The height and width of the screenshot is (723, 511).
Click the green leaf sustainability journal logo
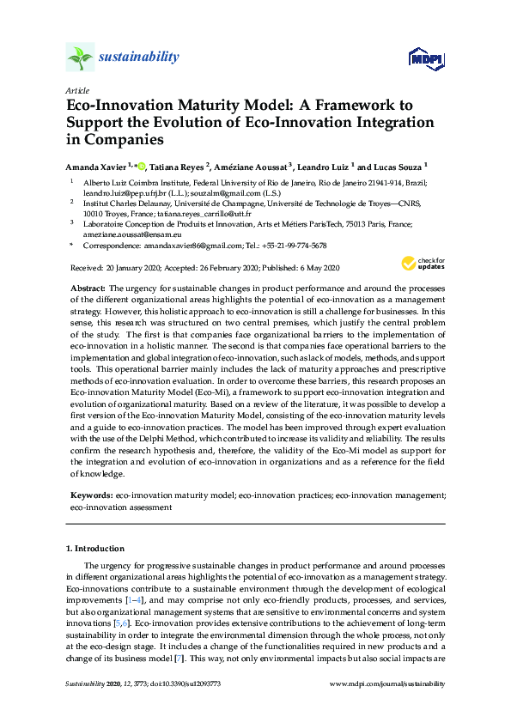coord(80,58)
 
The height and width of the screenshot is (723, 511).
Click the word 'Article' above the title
coord(76,90)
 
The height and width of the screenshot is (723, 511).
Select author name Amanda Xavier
coord(102,166)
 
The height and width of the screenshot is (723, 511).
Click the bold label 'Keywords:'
coord(91,496)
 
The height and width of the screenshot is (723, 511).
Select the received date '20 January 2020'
coord(138,268)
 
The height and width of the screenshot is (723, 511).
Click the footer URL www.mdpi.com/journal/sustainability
coord(387,684)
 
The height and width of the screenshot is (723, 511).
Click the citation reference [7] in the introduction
coord(203,655)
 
